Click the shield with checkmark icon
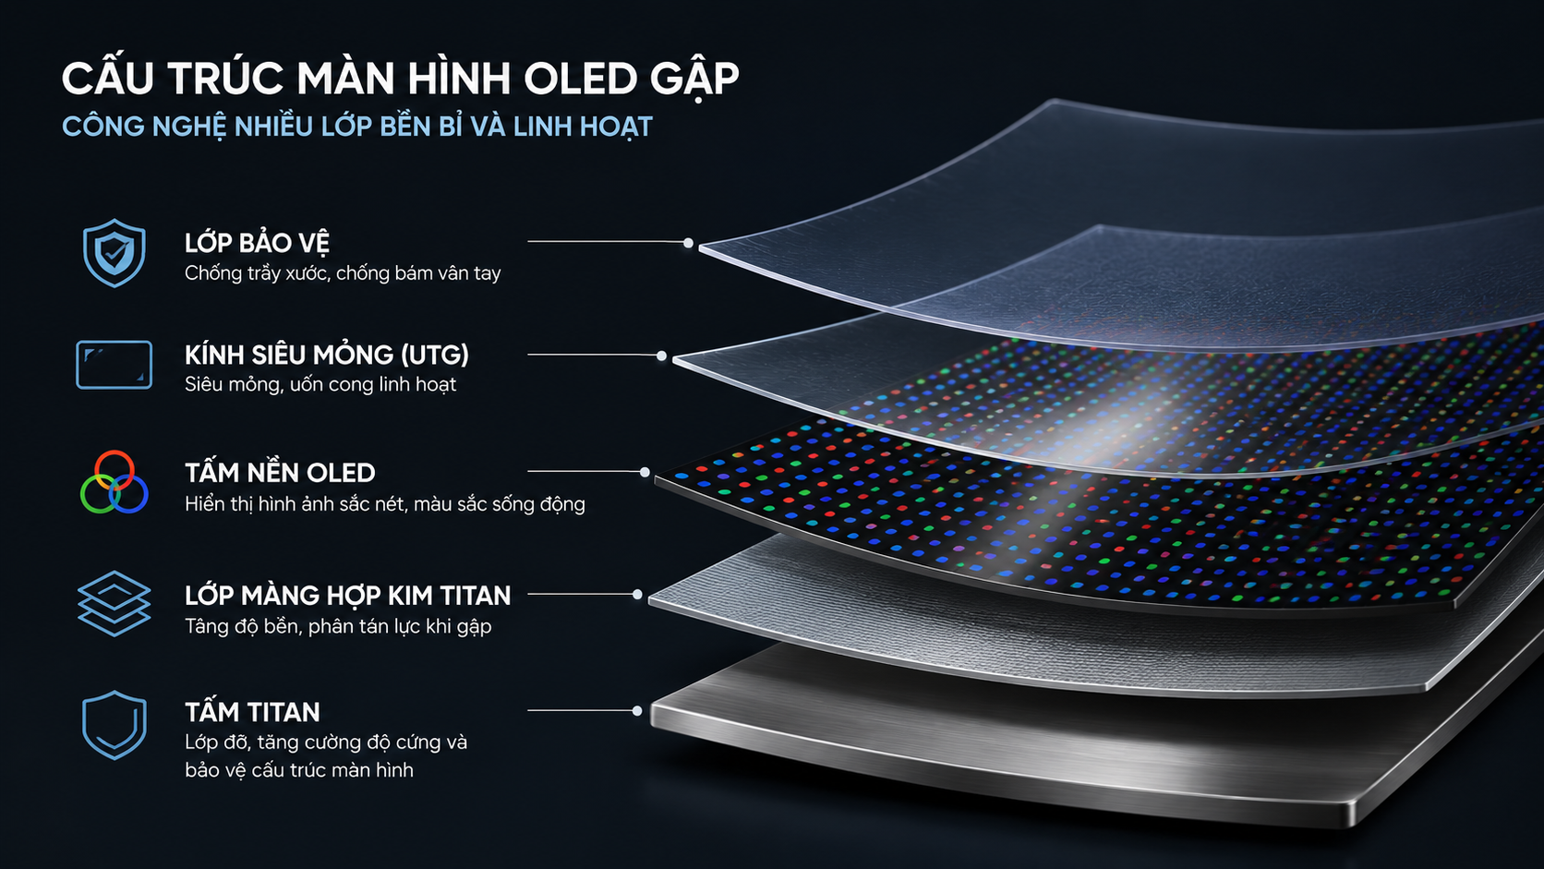[x=114, y=252]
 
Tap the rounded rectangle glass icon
[x=114, y=365]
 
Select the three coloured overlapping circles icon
[x=114, y=482]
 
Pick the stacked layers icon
[x=114, y=603]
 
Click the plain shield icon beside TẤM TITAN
[x=114, y=725]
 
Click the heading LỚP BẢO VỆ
[x=257, y=243]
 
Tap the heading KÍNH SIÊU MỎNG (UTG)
[x=327, y=355]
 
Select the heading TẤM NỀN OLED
[x=280, y=473]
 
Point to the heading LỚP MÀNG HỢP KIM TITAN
[x=347, y=596]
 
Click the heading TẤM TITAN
[x=252, y=712]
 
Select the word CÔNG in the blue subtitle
[x=103, y=127]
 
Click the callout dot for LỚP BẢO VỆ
[x=688, y=243]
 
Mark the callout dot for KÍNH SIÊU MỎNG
[x=661, y=356]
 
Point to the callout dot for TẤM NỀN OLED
[x=645, y=472]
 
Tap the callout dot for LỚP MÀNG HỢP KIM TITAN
[x=637, y=594]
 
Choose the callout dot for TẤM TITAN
[x=637, y=710]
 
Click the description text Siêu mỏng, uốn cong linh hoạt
[x=320, y=384]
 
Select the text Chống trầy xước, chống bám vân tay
[x=343, y=273]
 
